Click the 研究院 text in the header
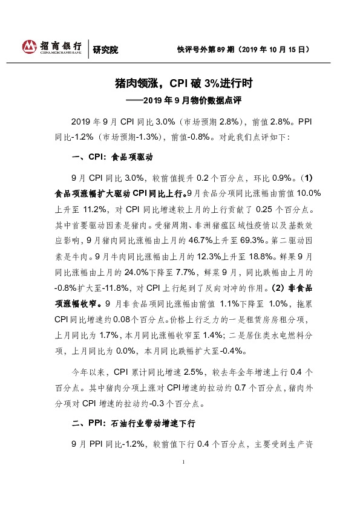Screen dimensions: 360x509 105,50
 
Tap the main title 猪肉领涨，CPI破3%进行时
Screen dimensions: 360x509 180,82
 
